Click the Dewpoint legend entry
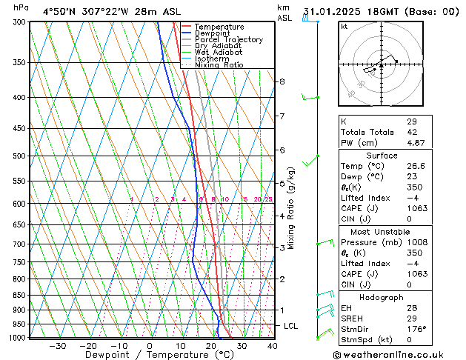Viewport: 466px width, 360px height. pos(214,33)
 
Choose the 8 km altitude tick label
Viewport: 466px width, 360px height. pos(282,81)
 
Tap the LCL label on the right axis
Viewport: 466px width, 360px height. pos(291,326)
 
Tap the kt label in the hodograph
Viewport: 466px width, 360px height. pos(344,26)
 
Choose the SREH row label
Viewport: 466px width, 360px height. pos(351,319)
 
